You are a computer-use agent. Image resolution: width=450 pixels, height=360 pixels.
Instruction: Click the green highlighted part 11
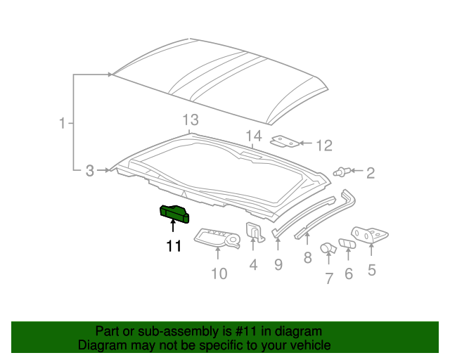(175, 213)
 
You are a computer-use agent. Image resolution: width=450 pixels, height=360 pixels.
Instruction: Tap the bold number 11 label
(174, 245)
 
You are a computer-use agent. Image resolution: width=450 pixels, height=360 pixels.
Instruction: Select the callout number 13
(191, 119)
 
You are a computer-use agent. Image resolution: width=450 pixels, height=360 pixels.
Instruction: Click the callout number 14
(253, 136)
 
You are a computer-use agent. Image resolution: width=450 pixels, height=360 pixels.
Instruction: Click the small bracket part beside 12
(284, 142)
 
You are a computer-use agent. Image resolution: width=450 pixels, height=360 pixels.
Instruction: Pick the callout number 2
(370, 172)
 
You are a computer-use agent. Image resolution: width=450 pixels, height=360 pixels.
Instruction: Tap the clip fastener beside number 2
(342, 171)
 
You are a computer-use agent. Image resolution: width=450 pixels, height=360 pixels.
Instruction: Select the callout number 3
(89, 170)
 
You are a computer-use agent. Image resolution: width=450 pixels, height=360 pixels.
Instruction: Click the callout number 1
(62, 124)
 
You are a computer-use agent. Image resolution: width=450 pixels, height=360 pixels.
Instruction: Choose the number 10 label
(219, 273)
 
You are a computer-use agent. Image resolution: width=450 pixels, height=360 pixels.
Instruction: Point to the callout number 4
(253, 264)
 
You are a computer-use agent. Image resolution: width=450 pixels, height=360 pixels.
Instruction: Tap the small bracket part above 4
(254, 233)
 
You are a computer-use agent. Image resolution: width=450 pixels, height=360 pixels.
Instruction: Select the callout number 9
(278, 264)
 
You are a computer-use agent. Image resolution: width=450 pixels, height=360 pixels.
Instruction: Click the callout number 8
(307, 257)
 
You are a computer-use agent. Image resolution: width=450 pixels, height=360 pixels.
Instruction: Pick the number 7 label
(328, 278)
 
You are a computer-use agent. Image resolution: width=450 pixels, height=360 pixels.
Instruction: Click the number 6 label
(349, 274)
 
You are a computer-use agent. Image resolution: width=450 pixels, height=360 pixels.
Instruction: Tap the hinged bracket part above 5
(368, 235)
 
